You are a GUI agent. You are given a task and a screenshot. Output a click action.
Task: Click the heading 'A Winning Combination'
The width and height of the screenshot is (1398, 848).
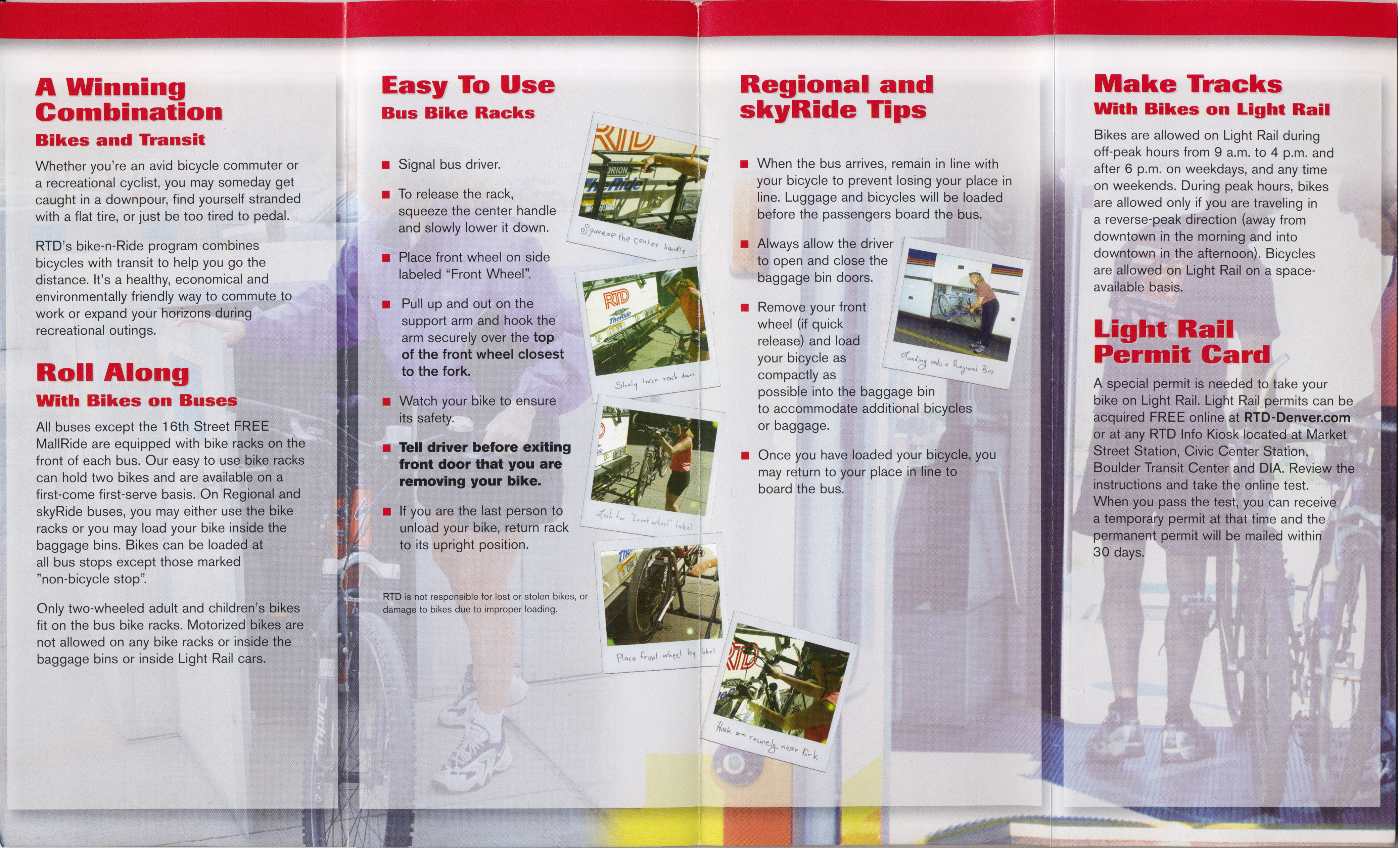coord(129,99)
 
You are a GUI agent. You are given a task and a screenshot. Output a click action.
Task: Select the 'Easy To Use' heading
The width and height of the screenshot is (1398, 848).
coord(468,85)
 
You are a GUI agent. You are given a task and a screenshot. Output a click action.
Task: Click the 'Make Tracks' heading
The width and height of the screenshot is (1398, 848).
coord(1187,84)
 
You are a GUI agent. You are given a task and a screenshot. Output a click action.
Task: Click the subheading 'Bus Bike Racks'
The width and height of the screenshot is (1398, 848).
coord(458,113)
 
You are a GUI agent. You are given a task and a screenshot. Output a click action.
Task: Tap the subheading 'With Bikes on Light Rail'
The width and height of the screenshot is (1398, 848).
coord(1211,109)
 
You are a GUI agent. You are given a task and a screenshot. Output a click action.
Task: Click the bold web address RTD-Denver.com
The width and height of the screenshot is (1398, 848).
coord(1297,417)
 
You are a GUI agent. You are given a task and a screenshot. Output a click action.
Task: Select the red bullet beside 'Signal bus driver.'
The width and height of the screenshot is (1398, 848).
coord(386,166)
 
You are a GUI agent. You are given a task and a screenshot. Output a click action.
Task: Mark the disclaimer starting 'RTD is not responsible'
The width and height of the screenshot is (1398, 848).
coord(485,603)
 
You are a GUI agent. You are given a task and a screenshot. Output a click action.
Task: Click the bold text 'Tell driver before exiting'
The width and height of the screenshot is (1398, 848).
coord(484,447)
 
